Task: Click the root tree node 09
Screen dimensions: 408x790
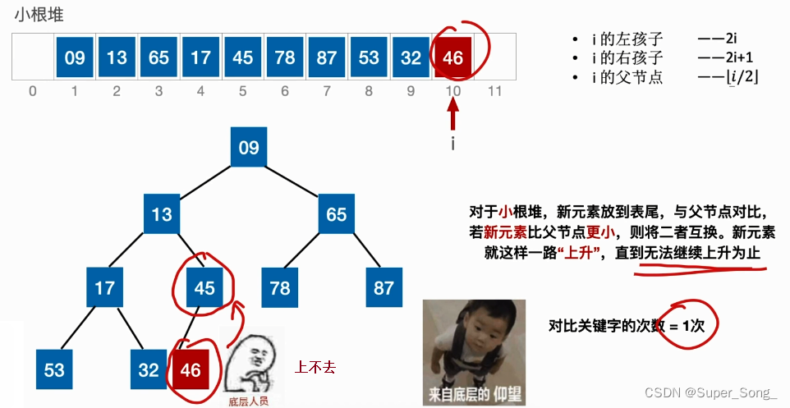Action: pyautogui.click(x=248, y=148)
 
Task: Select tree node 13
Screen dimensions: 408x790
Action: pyautogui.click(x=162, y=214)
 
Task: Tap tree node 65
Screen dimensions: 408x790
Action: pyautogui.click(x=337, y=214)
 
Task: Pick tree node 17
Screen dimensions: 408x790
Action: pyautogui.click(x=105, y=287)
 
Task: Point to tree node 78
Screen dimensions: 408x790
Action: pyautogui.click(x=281, y=287)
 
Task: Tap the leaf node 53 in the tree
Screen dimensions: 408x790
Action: pyautogui.click(x=54, y=369)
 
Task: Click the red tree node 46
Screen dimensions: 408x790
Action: pyautogui.click(x=191, y=369)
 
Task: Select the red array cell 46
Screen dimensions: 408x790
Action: pyautogui.click(x=452, y=57)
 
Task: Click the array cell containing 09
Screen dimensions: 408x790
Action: pyautogui.click(x=75, y=57)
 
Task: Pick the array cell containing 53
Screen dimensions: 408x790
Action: pyautogui.click(x=369, y=57)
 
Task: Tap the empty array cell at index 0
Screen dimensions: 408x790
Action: pyautogui.click(x=33, y=57)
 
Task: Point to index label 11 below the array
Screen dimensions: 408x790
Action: pyautogui.click(x=494, y=90)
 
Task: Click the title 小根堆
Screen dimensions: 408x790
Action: pyautogui.click(x=39, y=15)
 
